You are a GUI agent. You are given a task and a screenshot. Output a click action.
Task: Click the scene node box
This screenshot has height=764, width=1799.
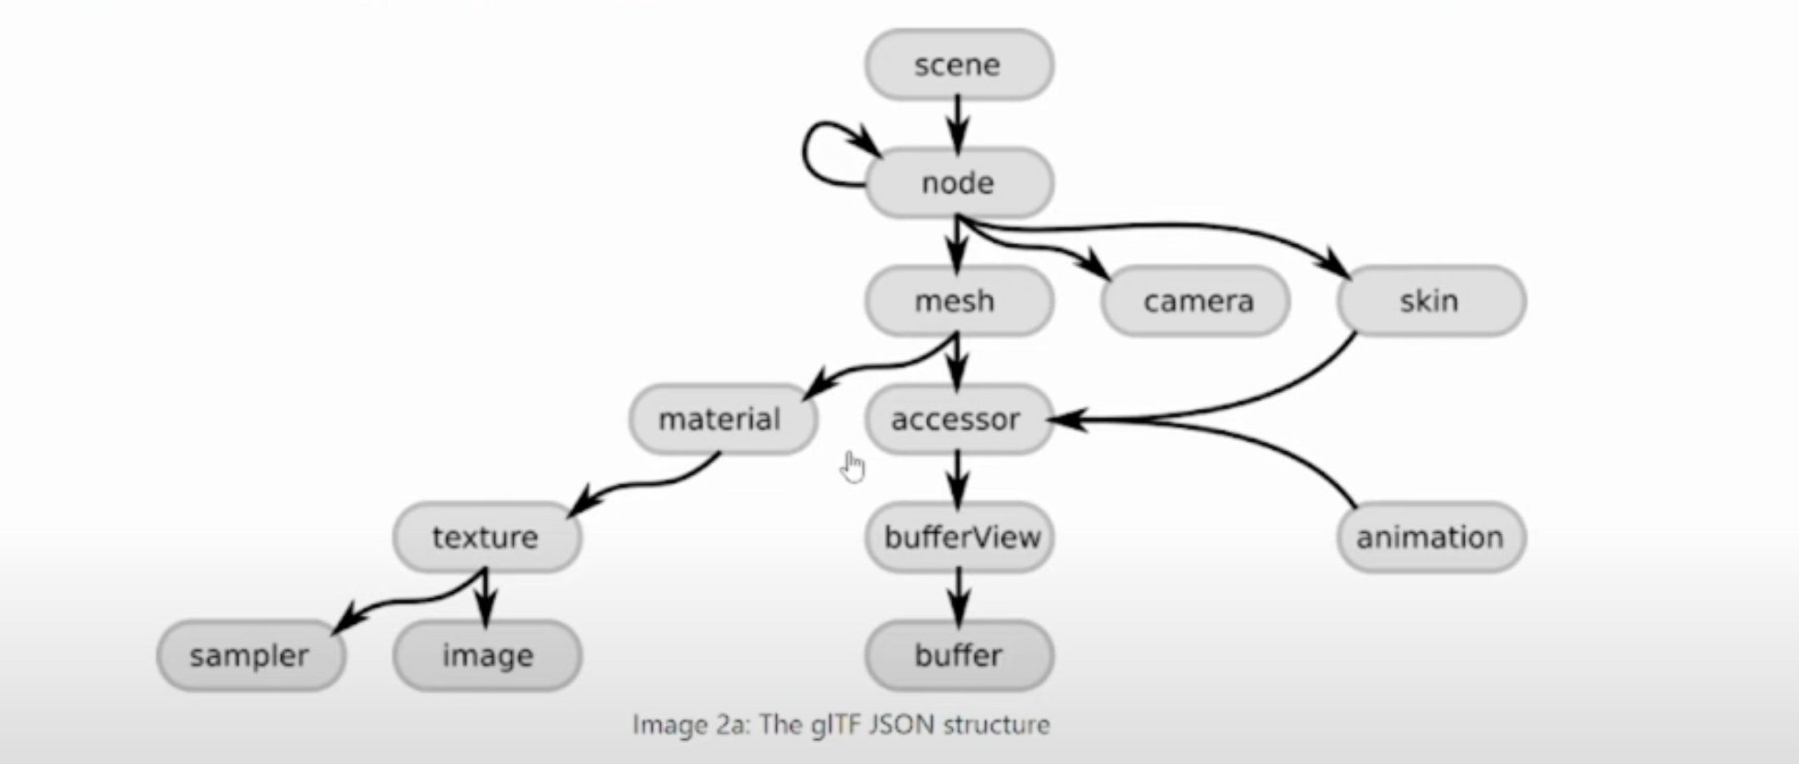tap(958, 64)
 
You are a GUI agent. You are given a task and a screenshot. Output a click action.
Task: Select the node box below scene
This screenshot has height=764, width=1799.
tap(958, 182)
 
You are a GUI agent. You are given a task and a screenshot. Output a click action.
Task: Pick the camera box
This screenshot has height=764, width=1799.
tap(1195, 301)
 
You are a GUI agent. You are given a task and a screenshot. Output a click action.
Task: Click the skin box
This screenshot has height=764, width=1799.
tap(1431, 301)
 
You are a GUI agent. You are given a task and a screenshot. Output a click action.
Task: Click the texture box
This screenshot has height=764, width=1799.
tap(487, 537)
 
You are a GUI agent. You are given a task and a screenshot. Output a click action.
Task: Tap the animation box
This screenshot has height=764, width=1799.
tap(1431, 537)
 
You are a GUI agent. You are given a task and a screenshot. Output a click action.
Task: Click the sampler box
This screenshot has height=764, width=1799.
tap(250, 655)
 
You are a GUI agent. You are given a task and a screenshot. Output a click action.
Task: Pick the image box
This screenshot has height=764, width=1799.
tap(487, 655)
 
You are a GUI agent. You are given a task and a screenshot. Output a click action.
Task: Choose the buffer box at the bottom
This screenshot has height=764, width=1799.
tap(958, 655)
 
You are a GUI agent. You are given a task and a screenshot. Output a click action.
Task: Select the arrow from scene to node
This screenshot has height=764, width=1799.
tap(958, 123)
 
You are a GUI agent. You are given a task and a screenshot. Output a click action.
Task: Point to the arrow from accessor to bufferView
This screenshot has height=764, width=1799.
tap(958, 478)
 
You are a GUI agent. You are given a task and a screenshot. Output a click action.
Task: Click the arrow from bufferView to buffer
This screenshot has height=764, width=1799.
tap(958, 596)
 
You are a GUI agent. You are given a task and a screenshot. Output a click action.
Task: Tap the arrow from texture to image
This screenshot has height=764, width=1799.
tap(485, 597)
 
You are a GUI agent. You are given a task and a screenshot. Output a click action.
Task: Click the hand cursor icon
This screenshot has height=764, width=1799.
tap(853, 467)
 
